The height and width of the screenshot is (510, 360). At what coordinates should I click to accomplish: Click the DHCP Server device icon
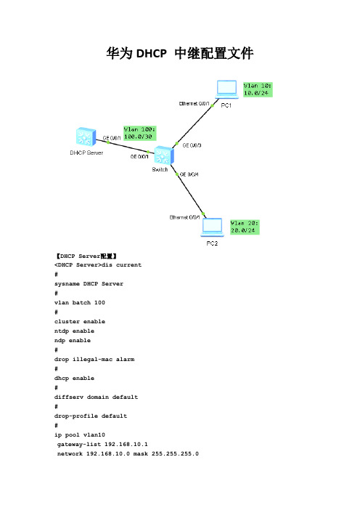coord(86,137)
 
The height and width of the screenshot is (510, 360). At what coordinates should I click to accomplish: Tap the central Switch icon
coord(164,155)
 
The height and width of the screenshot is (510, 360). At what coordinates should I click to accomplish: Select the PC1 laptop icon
coord(226,89)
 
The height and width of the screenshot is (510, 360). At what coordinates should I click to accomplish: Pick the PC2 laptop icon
coord(212,227)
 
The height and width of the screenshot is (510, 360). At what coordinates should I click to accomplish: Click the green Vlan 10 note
coord(258,89)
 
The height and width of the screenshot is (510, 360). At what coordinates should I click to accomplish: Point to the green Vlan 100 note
coord(139,133)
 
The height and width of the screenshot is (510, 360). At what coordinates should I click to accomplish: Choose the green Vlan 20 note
coord(245,227)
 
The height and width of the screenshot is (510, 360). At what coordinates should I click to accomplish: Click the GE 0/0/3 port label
coord(192,145)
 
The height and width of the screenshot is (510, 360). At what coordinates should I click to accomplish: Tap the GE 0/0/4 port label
coord(189,174)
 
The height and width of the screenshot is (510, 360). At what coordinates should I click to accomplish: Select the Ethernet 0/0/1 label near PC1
coord(194,103)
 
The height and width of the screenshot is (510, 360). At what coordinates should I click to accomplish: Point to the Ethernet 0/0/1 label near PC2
coord(184,217)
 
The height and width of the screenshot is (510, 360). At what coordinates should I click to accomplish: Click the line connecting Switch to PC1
coord(192,126)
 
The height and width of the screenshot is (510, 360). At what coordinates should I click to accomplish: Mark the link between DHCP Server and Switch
coord(125,146)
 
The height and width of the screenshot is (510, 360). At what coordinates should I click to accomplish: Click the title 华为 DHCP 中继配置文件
coord(180,53)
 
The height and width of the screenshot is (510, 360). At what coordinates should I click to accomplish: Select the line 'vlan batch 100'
coord(80,302)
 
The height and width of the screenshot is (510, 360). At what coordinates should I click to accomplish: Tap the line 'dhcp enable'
coord(74,378)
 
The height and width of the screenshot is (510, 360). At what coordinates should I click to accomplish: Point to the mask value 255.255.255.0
coord(175,454)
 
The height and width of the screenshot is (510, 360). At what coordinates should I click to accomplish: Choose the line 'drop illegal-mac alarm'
coord(94,359)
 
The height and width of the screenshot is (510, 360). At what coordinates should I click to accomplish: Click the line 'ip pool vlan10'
coord(80,435)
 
